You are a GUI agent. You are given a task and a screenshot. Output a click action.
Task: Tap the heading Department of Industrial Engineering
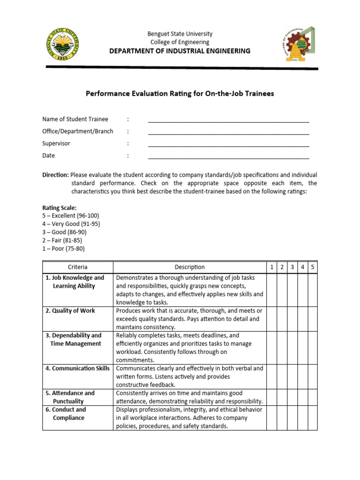[x=180, y=51]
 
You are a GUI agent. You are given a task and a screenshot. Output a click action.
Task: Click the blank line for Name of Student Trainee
[x=228, y=120]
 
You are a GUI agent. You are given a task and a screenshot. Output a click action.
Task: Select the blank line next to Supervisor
[x=228, y=144]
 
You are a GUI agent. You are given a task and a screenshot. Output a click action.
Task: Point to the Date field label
[x=49, y=156]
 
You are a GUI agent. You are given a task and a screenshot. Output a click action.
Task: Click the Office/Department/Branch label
[x=77, y=131]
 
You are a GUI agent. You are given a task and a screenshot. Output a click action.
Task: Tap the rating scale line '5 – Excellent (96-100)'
[x=70, y=216]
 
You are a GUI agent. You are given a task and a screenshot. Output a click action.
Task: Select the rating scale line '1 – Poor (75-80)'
[x=63, y=249]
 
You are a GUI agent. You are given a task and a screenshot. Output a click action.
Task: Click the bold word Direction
[x=55, y=175]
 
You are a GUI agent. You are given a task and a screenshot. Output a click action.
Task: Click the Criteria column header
[x=77, y=267]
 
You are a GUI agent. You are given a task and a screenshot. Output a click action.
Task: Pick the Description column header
[x=189, y=267]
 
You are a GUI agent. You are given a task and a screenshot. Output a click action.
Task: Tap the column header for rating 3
[x=292, y=267]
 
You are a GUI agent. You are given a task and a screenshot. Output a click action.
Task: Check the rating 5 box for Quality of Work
[x=313, y=319]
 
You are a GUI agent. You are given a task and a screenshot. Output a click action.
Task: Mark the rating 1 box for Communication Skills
[x=271, y=376]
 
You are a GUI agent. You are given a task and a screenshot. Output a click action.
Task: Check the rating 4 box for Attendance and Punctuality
[x=302, y=397]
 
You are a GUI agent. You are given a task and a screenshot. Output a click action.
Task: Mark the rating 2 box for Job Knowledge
[x=282, y=290]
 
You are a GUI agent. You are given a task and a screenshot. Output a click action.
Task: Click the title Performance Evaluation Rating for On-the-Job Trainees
[x=180, y=94]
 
